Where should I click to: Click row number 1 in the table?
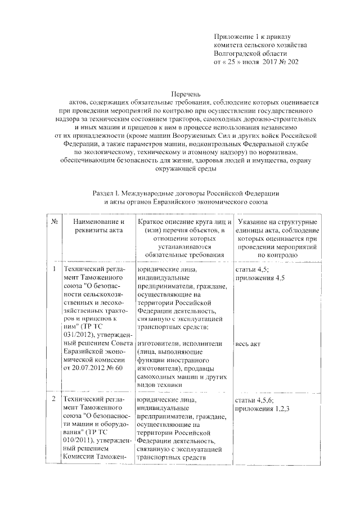pyautogui.click(x=55, y=269)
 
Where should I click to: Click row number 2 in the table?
pyautogui.click(x=55, y=399)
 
